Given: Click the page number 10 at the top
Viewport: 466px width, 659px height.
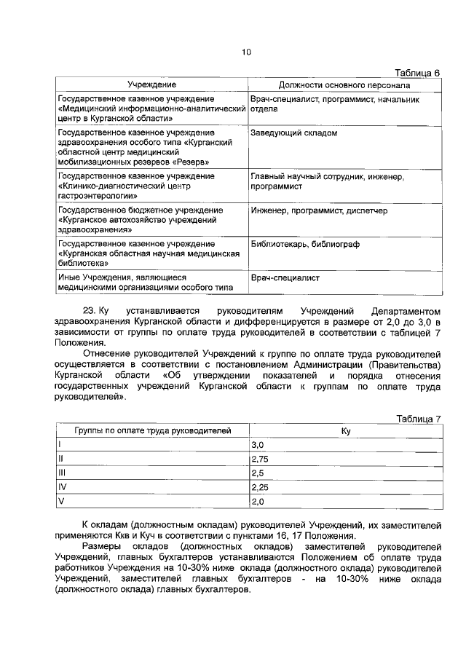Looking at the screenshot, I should click(x=246, y=52).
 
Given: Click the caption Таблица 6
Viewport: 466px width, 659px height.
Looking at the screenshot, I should click(x=418, y=73).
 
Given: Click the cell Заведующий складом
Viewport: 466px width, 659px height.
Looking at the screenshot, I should click(x=293, y=133).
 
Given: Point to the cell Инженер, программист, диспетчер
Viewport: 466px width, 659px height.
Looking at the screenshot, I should click(x=318, y=210).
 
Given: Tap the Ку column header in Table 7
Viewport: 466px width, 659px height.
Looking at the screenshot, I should click(x=346, y=431).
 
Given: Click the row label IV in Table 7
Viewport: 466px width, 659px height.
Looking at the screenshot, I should click(x=62, y=488).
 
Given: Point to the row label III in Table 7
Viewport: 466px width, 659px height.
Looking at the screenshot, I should click(x=61, y=473).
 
